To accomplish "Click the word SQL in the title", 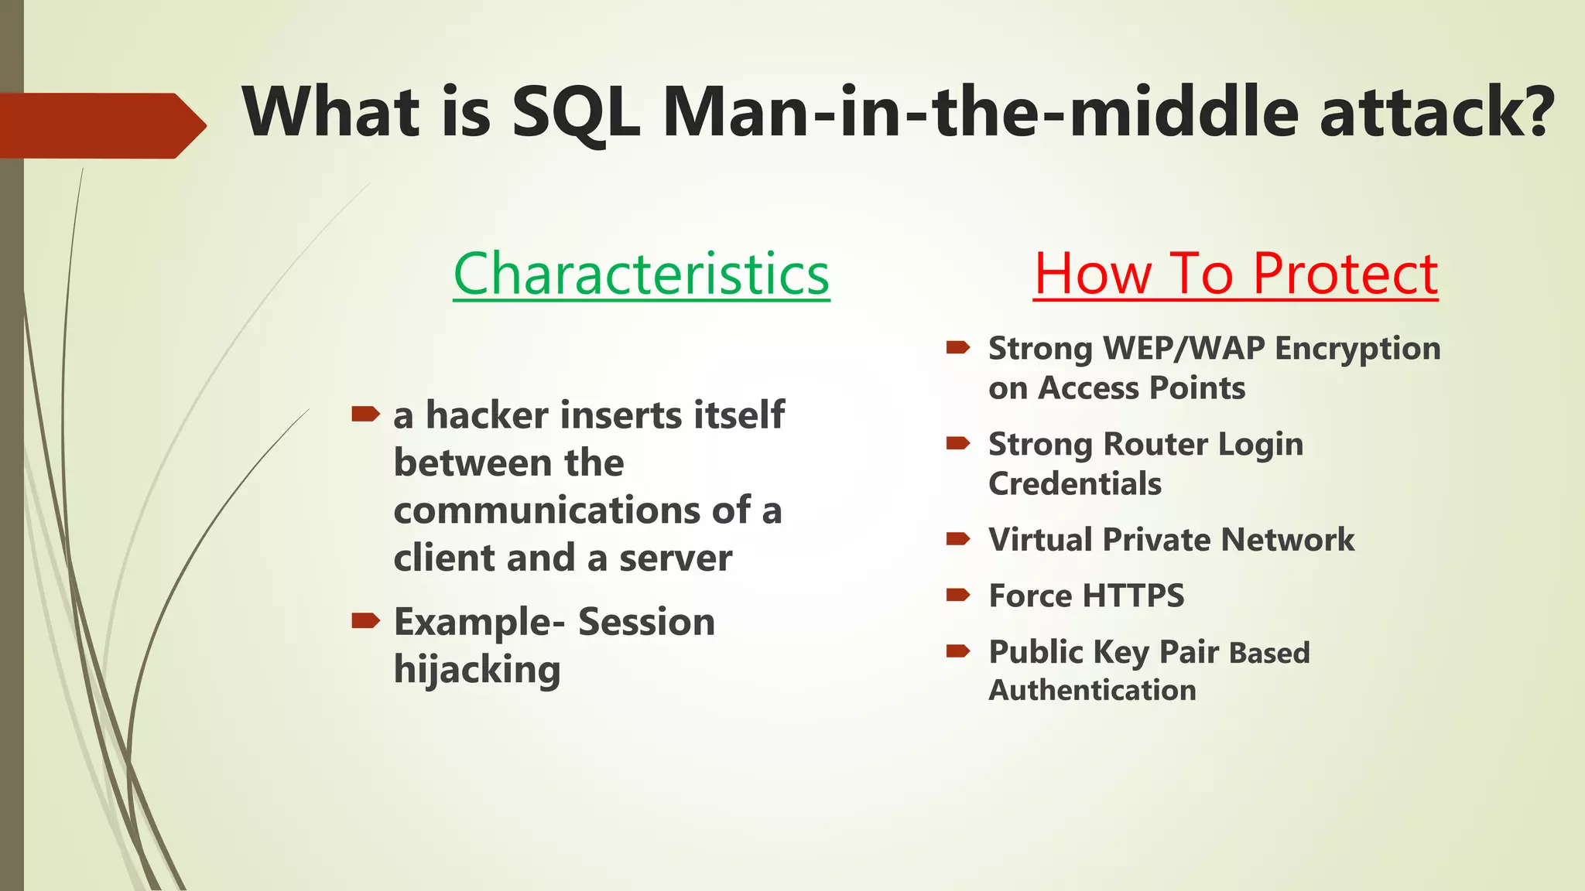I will click(x=575, y=113).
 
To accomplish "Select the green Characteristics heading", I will click(x=641, y=274).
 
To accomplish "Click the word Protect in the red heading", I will click(x=1345, y=274).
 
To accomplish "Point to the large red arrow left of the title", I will click(x=101, y=125).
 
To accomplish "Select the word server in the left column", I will click(x=675, y=558).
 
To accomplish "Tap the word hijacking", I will click(x=477, y=670).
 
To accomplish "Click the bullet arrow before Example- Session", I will click(x=365, y=620).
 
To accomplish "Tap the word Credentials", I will click(x=1075, y=484).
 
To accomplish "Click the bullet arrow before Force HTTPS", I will click(x=958, y=595).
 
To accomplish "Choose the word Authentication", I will click(x=1092, y=690).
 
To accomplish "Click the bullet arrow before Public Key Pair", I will click(x=958, y=651).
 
